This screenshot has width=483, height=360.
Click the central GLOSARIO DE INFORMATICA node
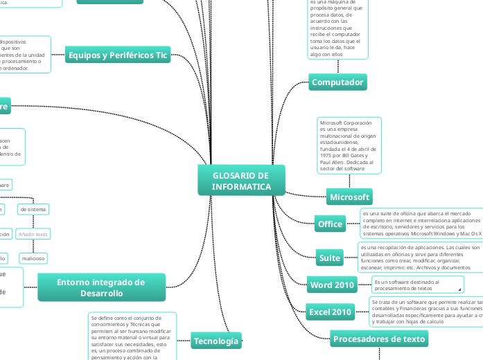tap(241, 181)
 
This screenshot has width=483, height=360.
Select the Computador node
tap(337, 82)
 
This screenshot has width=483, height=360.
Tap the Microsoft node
tap(349, 197)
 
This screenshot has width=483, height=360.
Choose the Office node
tap(330, 224)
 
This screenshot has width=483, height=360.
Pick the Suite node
tap(330, 258)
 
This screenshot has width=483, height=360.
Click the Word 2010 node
tap(333, 285)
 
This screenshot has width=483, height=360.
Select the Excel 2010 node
tap(331, 312)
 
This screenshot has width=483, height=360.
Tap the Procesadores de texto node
tap(379, 339)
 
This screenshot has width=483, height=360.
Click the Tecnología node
tap(216, 341)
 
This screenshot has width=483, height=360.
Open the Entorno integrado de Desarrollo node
tap(101, 287)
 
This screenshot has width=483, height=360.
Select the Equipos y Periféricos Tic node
tap(118, 55)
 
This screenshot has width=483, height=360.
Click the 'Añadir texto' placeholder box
tap(33, 234)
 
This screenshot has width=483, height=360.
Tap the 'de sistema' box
tap(33, 208)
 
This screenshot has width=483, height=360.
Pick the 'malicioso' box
tap(33, 258)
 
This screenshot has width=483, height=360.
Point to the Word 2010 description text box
tap(417, 285)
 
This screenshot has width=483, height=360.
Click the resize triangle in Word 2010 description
tap(459, 289)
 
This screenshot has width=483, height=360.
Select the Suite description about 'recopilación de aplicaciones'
tap(419, 258)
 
